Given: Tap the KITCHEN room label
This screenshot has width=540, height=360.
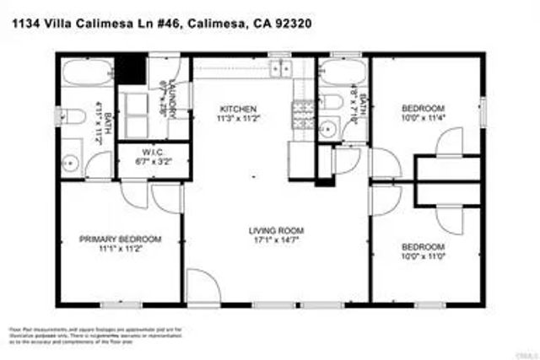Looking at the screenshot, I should [x=238, y=109].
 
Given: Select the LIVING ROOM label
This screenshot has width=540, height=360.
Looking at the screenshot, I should [x=276, y=230].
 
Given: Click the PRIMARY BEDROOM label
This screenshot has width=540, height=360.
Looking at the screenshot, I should [x=120, y=239].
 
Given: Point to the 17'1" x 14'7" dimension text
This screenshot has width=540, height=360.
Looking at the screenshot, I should [x=276, y=239].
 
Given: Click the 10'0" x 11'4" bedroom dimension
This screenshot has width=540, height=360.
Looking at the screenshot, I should [x=423, y=118].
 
